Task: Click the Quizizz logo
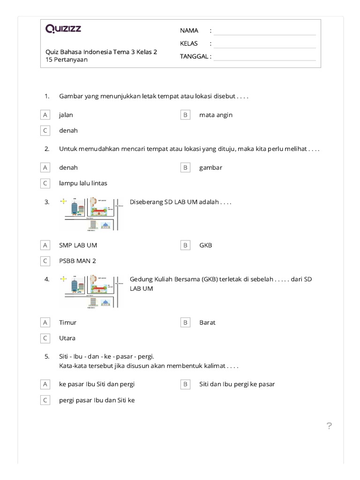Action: [63, 29]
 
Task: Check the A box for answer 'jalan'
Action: [45, 115]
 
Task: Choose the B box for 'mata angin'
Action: [185, 115]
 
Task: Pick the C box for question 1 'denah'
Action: [45, 131]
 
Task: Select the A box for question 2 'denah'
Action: [45, 167]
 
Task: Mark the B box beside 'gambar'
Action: [185, 167]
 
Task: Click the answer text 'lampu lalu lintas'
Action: [83, 183]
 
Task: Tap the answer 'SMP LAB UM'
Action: [78, 245]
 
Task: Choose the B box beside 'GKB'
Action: [185, 245]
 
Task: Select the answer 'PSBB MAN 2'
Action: [77, 261]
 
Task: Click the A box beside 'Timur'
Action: [45, 322]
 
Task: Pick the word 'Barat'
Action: [207, 322]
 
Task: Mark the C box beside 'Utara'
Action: [45, 338]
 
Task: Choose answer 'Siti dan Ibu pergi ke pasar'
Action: [237, 384]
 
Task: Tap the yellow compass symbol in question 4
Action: [64, 279]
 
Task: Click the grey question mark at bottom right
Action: [329, 426]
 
